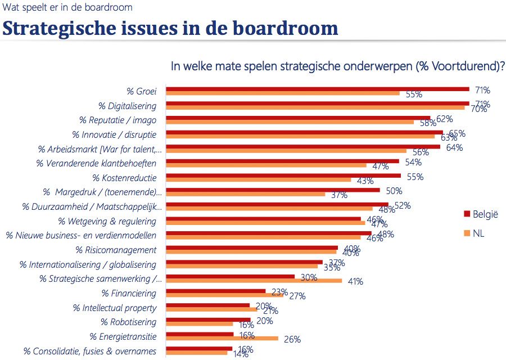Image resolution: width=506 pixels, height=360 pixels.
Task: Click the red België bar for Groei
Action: [318, 89]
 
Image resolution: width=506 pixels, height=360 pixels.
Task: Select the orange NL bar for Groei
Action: [283, 93]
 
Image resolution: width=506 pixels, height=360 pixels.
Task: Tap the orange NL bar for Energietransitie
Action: [222, 339]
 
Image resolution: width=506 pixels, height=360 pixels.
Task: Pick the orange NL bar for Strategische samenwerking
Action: [254, 280]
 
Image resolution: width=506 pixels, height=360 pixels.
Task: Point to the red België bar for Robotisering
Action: [209, 319]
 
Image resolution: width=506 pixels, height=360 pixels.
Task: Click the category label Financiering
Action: [129, 293]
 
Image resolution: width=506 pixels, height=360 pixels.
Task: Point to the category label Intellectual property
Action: [115, 308]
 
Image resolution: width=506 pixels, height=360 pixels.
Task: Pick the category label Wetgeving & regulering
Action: [107, 221]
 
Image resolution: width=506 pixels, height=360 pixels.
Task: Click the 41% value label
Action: [355, 281]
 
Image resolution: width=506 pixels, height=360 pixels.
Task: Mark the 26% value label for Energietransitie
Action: [292, 339]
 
